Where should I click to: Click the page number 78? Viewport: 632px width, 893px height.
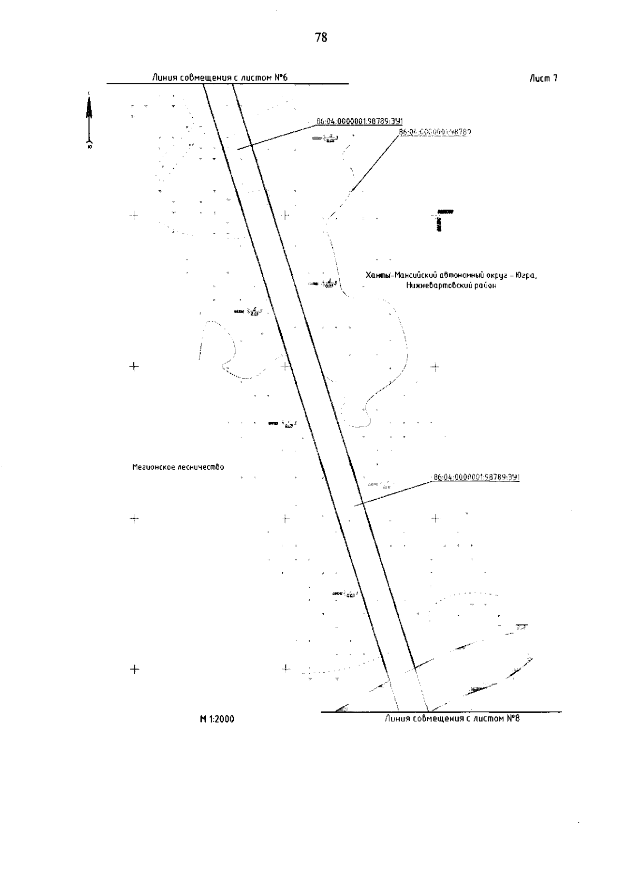(321, 37)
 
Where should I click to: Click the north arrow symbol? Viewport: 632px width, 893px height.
(90, 119)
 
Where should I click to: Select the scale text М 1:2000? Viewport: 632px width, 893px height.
(217, 720)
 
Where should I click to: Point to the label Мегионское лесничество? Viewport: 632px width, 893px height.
(178, 467)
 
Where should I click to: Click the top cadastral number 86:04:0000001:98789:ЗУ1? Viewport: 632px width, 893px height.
(359, 121)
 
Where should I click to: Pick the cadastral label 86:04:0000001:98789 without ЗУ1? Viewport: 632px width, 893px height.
(435, 132)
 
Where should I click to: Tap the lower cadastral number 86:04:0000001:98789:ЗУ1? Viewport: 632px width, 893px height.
(477, 477)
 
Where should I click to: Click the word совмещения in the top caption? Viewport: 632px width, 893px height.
(203, 78)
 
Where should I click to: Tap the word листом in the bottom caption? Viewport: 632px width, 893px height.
(488, 719)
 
